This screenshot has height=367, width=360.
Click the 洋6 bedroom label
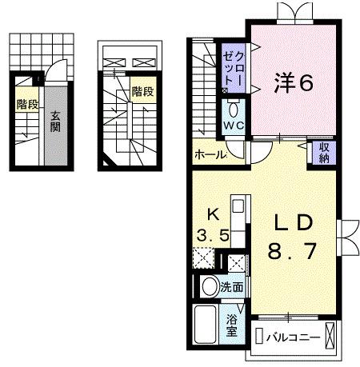tap(294, 82)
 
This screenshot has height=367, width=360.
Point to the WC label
tap(233, 126)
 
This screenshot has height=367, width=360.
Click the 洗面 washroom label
tap(233, 285)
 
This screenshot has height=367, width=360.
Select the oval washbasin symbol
tap(209, 286)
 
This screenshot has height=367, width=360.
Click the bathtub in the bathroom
tap(206, 326)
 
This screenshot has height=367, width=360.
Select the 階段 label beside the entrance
tap(25, 104)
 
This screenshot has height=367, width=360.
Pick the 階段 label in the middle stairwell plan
tap(142, 92)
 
